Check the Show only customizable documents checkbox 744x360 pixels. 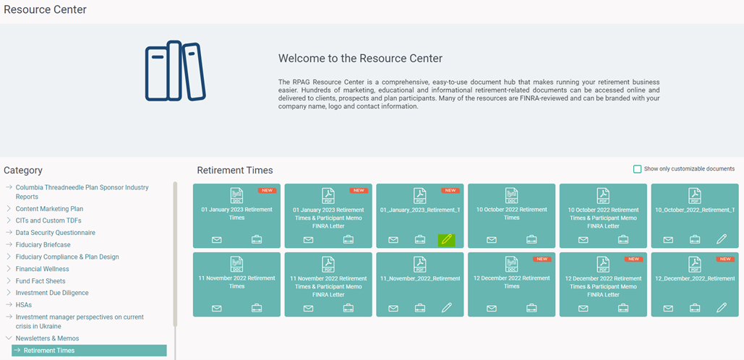click(637, 169)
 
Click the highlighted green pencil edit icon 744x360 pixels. click(447, 239)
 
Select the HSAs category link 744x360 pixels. click(24, 305)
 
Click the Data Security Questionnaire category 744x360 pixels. click(56, 233)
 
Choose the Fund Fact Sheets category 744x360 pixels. click(40, 280)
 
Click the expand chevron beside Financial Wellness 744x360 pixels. click(9, 269)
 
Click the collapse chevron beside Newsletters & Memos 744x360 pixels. click(9, 338)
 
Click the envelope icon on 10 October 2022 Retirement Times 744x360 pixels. click(492, 239)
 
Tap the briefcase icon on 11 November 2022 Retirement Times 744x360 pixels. click(257, 308)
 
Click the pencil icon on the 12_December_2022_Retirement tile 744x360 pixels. click(722, 308)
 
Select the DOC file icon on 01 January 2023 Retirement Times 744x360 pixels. click(236, 195)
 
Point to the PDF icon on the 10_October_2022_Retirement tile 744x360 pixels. click(695, 195)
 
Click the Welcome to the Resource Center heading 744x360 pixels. click(360, 59)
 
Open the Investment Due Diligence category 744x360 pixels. click(52, 293)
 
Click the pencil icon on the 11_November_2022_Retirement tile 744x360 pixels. click(447, 308)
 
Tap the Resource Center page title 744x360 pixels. click(45, 9)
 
